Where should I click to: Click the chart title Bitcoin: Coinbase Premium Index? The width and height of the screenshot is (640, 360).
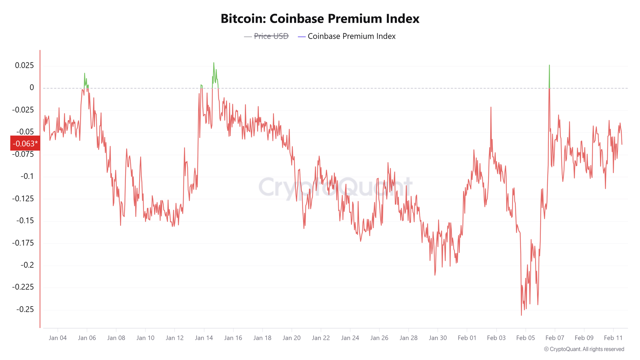(320, 19)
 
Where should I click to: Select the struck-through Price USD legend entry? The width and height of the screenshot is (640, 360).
(271, 36)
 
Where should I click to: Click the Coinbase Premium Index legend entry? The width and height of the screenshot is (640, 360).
(351, 36)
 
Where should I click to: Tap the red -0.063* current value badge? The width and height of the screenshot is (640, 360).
(25, 143)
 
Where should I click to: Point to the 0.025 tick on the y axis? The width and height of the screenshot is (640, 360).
(24, 66)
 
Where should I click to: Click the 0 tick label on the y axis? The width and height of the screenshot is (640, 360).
(31, 88)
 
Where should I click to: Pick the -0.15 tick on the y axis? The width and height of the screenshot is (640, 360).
(25, 221)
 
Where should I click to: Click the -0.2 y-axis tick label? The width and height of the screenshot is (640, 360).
(27, 265)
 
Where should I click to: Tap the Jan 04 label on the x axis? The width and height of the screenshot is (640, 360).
(58, 338)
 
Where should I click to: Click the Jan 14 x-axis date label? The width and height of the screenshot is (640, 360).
(204, 338)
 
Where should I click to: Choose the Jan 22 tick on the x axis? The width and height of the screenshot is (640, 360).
(321, 338)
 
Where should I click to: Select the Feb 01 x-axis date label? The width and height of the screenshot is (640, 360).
(467, 338)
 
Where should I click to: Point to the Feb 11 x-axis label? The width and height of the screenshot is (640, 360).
(613, 338)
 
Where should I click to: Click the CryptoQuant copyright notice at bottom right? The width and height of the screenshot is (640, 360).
(584, 349)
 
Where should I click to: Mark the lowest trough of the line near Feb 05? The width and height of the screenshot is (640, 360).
(521, 315)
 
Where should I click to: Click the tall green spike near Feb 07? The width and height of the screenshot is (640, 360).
(549, 66)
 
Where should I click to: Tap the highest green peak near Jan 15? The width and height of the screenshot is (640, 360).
(214, 63)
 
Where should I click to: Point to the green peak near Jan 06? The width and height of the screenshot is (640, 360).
(85, 74)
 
